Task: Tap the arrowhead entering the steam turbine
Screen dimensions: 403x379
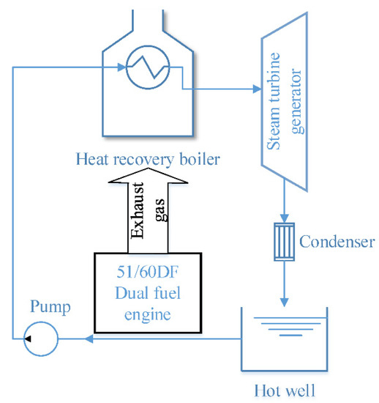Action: [x=257, y=90]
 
